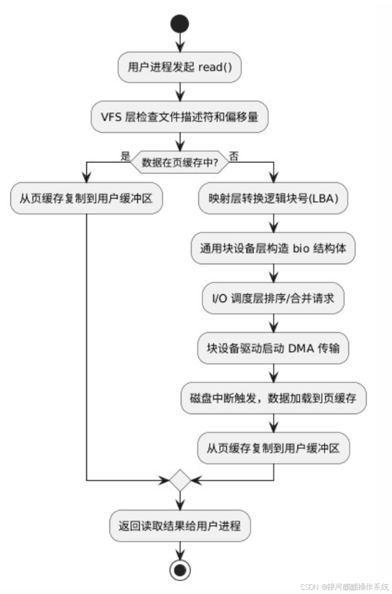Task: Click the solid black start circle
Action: coord(180,24)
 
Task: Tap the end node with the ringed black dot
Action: coord(180,569)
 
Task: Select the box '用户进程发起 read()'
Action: coord(180,68)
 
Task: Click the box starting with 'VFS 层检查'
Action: coord(180,117)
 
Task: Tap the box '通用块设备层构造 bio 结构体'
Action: coord(273,249)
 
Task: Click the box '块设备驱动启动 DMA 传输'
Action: coord(273,349)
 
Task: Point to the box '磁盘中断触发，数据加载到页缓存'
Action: coord(273,398)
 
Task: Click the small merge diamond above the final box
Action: coord(180,480)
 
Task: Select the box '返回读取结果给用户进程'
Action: coord(180,526)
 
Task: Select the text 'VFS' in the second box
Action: coord(111,117)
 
